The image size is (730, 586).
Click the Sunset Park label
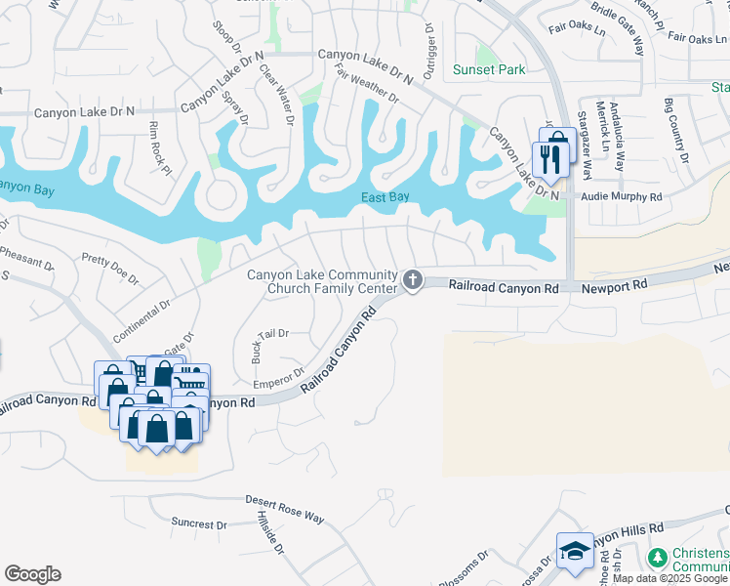489,69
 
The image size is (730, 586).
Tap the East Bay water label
385,197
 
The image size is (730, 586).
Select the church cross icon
413,281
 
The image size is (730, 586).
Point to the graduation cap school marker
575,552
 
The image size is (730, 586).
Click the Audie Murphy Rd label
622,196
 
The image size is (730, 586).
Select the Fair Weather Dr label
366,84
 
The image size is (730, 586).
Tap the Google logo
32,574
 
